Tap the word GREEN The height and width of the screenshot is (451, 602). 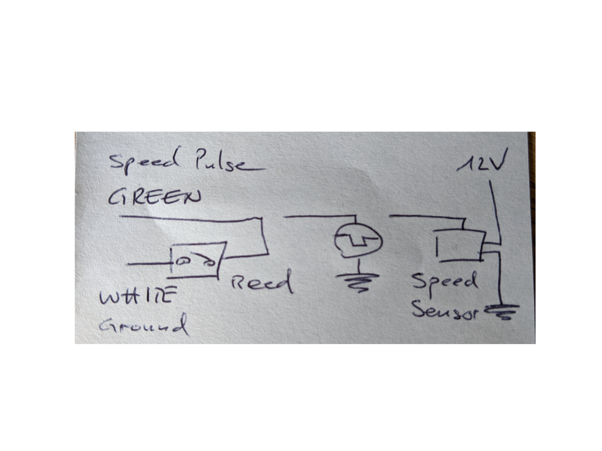tap(155, 197)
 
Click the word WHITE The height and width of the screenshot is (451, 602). tap(138, 296)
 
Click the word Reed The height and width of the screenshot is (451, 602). tap(262, 281)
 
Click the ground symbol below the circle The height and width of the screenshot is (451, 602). tap(358, 282)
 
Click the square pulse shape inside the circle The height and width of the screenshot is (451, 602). tap(359, 241)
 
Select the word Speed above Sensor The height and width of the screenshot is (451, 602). tap(444, 281)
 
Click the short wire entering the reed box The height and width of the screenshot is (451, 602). tap(150, 264)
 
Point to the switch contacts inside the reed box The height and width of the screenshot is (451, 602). tap(195, 262)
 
